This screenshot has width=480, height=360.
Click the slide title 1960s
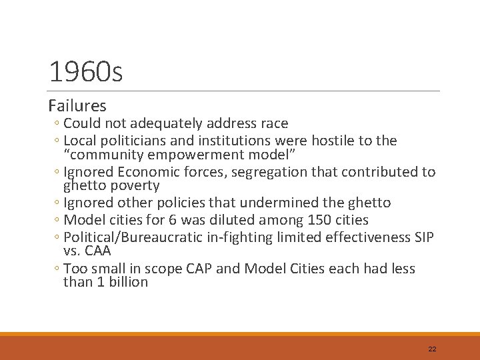[x=86, y=73]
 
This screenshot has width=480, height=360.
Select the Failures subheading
[x=77, y=106]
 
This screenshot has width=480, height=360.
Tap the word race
[x=273, y=123]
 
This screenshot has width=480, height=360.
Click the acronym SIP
[x=423, y=237]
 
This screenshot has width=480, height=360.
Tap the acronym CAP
[x=199, y=269]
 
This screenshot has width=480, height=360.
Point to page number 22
[x=432, y=349]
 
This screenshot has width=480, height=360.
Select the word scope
[x=154, y=269]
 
